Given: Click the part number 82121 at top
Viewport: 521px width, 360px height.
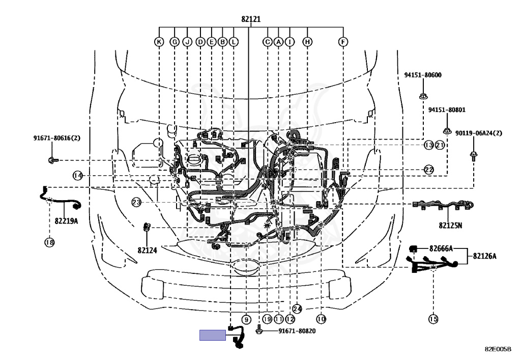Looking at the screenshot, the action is [x=251, y=19].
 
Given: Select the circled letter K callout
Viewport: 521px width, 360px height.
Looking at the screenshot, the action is [x=159, y=42].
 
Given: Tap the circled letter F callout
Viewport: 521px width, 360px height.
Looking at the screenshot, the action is [x=343, y=42].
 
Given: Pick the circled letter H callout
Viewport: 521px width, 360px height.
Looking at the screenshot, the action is [x=307, y=42].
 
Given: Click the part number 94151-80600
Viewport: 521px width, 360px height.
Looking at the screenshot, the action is [x=423, y=75].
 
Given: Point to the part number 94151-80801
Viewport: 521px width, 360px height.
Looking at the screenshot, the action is [x=447, y=109].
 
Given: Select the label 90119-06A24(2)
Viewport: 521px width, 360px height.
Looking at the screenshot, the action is [x=478, y=133].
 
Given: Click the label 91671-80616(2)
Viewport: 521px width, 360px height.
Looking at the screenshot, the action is [x=57, y=137].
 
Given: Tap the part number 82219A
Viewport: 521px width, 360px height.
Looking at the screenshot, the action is [x=66, y=220].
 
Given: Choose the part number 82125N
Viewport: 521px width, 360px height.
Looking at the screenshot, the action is [x=450, y=226].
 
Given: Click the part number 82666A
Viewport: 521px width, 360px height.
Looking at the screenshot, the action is [x=441, y=248].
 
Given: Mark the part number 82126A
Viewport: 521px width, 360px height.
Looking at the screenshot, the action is [x=484, y=256].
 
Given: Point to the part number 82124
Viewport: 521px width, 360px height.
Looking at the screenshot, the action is [x=147, y=250].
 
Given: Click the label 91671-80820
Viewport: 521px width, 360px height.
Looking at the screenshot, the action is [x=297, y=331].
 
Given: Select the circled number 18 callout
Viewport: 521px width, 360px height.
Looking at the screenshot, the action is [x=49, y=242].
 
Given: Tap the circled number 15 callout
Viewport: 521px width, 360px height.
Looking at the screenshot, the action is [x=433, y=319].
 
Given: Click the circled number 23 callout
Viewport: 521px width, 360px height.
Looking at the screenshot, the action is [x=136, y=202].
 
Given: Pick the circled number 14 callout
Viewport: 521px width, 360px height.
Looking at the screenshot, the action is [x=78, y=176].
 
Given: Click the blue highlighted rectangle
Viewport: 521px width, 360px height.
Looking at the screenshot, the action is [x=213, y=335].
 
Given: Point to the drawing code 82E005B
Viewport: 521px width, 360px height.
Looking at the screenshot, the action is [x=498, y=349].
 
